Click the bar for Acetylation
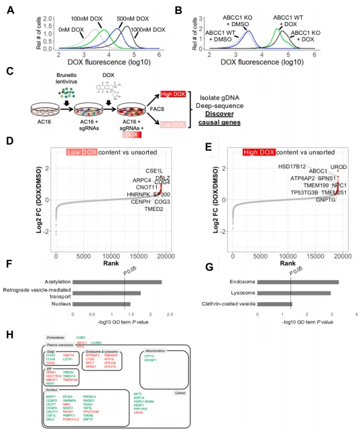pyautogui.click(x=117, y=282)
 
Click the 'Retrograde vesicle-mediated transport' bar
pyautogui.click(x=107, y=293)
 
